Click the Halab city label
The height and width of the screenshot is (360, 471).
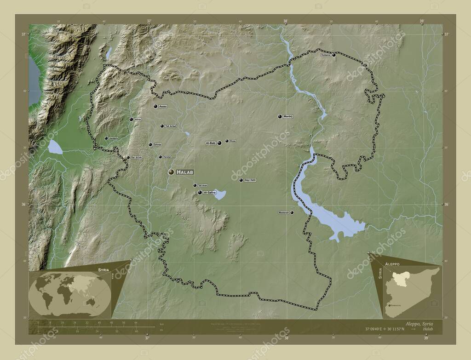pyautogui.click(x=185, y=172)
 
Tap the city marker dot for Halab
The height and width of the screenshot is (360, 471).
pyautogui.click(x=171, y=172)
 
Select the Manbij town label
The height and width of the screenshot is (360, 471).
pyautogui.click(x=288, y=116)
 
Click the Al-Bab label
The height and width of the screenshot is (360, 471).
pyautogui.click(x=211, y=143)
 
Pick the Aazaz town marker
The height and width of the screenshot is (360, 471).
pyautogui.click(x=155, y=106)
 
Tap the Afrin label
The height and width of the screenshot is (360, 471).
pyautogui.click(x=138, y=120)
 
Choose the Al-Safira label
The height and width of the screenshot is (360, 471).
pyautogui.click(x=209, y=193)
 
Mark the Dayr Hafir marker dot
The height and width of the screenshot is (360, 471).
pyautogui.click(x=241, y=180)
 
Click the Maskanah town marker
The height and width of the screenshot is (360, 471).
pyautogui.click(x=292, y=212)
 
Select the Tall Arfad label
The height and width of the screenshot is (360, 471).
pyautogui.click(x=170, y=126)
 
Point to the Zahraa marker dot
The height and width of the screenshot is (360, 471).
pyautogui.click(x=150, y=144)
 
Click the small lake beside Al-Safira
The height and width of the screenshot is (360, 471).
pyautogui.click(x=220, y=195)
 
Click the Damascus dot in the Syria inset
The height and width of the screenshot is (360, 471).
pyautogui.click(x=388, y=304)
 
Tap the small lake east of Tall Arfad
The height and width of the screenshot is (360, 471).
pyautogui.click(x=187, y=134)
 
